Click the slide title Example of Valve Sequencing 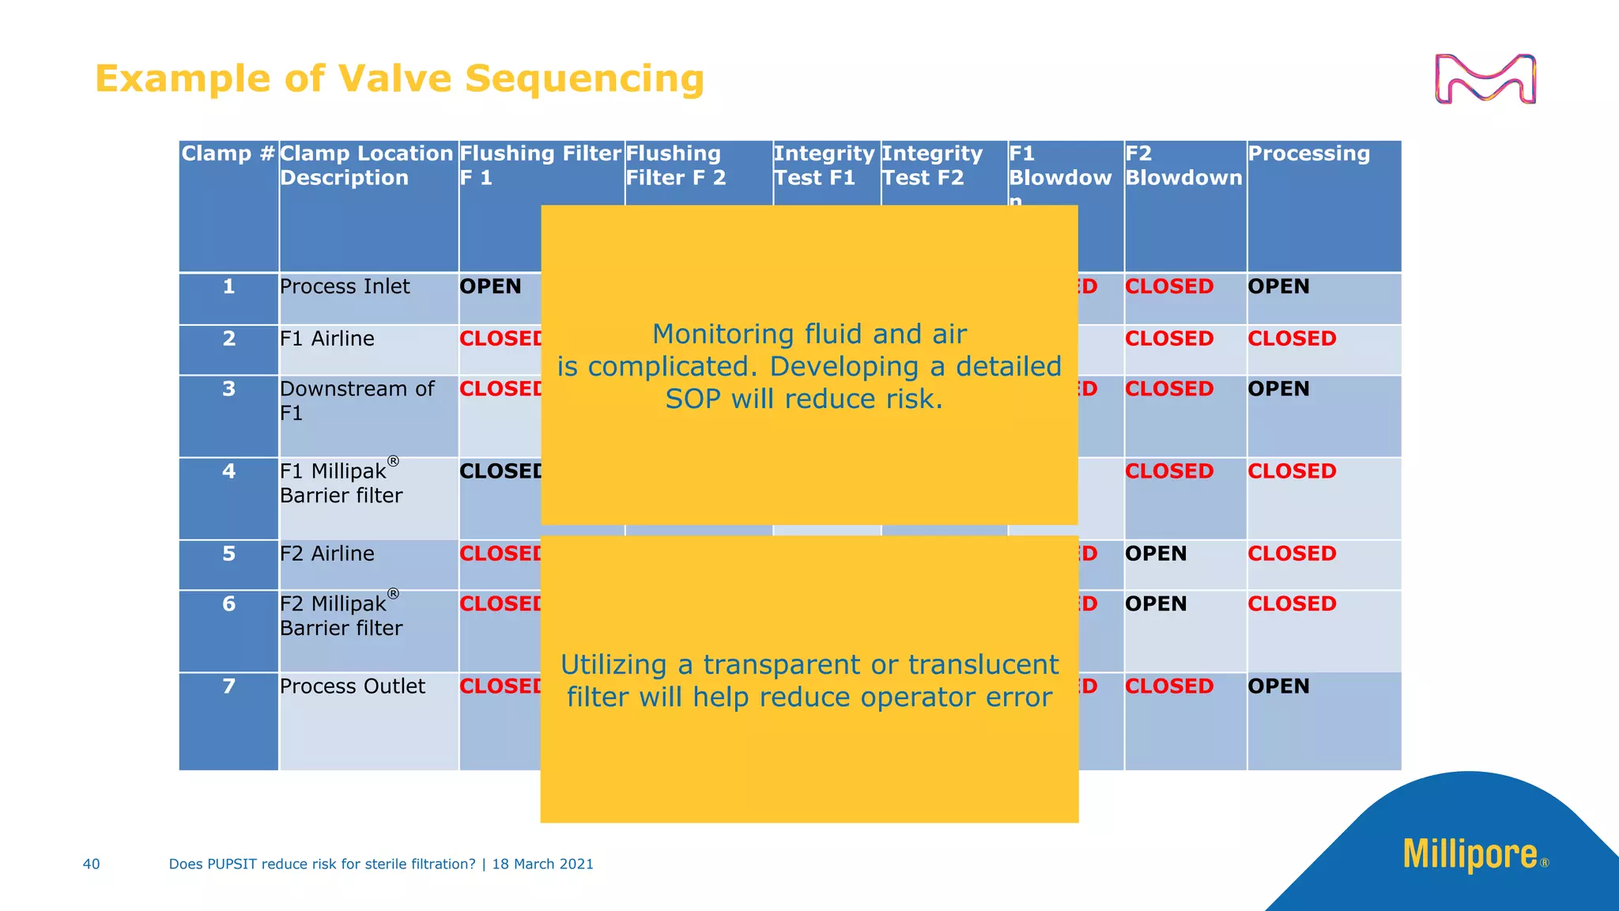[399, 79]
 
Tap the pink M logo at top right [1485, 79]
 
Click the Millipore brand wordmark [1470, 855]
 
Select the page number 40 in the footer [91, 864]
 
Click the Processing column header [1308, 153]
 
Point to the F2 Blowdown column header [1183, 165]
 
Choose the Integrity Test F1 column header [823, 165]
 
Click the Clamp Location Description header [366, 165]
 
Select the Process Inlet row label [345, 286]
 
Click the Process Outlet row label [352, 686]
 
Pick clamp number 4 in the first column [228, 471]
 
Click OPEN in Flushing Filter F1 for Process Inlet [490, 286]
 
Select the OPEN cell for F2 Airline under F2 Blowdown [1156, 554]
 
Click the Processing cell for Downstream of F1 [1278, 389]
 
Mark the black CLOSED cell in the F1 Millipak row [500, 471]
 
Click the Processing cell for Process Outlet [1278, 686]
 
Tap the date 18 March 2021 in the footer [542, 864]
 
